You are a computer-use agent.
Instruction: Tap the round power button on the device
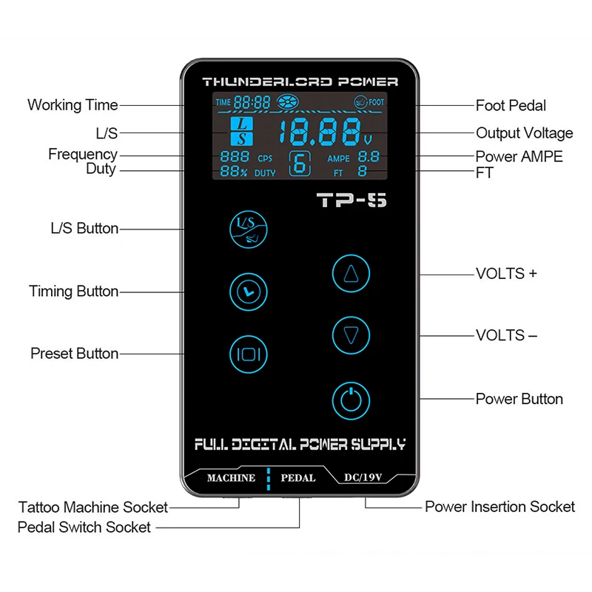[x=351, y=400]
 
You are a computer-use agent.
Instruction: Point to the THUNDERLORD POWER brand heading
[x=300, y=81]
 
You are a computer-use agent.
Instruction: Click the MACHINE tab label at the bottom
[x=231, y=478]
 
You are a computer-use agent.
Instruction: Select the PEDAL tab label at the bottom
[x=299, y=478]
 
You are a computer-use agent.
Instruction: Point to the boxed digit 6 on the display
[x=300, y=164]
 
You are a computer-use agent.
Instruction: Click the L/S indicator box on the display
[x=240, y=131]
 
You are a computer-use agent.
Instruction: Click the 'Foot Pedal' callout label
[x=511, y=106]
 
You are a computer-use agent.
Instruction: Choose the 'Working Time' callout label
[x=73, y=104]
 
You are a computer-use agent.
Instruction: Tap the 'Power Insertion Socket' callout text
[x=499, y=507]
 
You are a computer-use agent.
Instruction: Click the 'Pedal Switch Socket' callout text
[x=84, y=528]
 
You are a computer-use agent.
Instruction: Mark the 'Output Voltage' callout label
[x=524, y=133]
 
